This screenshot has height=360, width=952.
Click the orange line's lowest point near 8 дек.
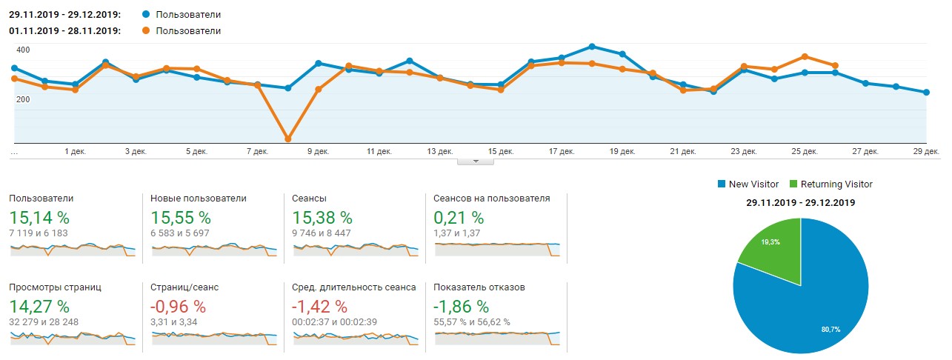(288, 139)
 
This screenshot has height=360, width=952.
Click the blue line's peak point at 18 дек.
(592, 47)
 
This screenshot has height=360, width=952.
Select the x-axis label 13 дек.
(440, 151)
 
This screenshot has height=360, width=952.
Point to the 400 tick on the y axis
(23, 50)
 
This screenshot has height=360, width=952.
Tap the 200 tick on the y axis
(23, 100)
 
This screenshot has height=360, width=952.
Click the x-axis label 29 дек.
(926, 151)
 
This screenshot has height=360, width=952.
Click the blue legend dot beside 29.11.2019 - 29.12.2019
(145, 14)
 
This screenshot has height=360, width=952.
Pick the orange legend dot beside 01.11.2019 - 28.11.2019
(145, 31)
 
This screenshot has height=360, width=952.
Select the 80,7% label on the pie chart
(830, 329)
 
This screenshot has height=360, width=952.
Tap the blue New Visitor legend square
(722, 184)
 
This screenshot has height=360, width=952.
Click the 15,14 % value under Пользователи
(39, 218)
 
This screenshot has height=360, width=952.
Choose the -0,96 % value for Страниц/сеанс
(178, 306)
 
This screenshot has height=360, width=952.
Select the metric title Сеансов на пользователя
(492, 199)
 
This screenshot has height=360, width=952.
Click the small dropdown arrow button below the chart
(476, 161)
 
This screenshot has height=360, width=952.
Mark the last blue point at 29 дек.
(926, 93)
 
